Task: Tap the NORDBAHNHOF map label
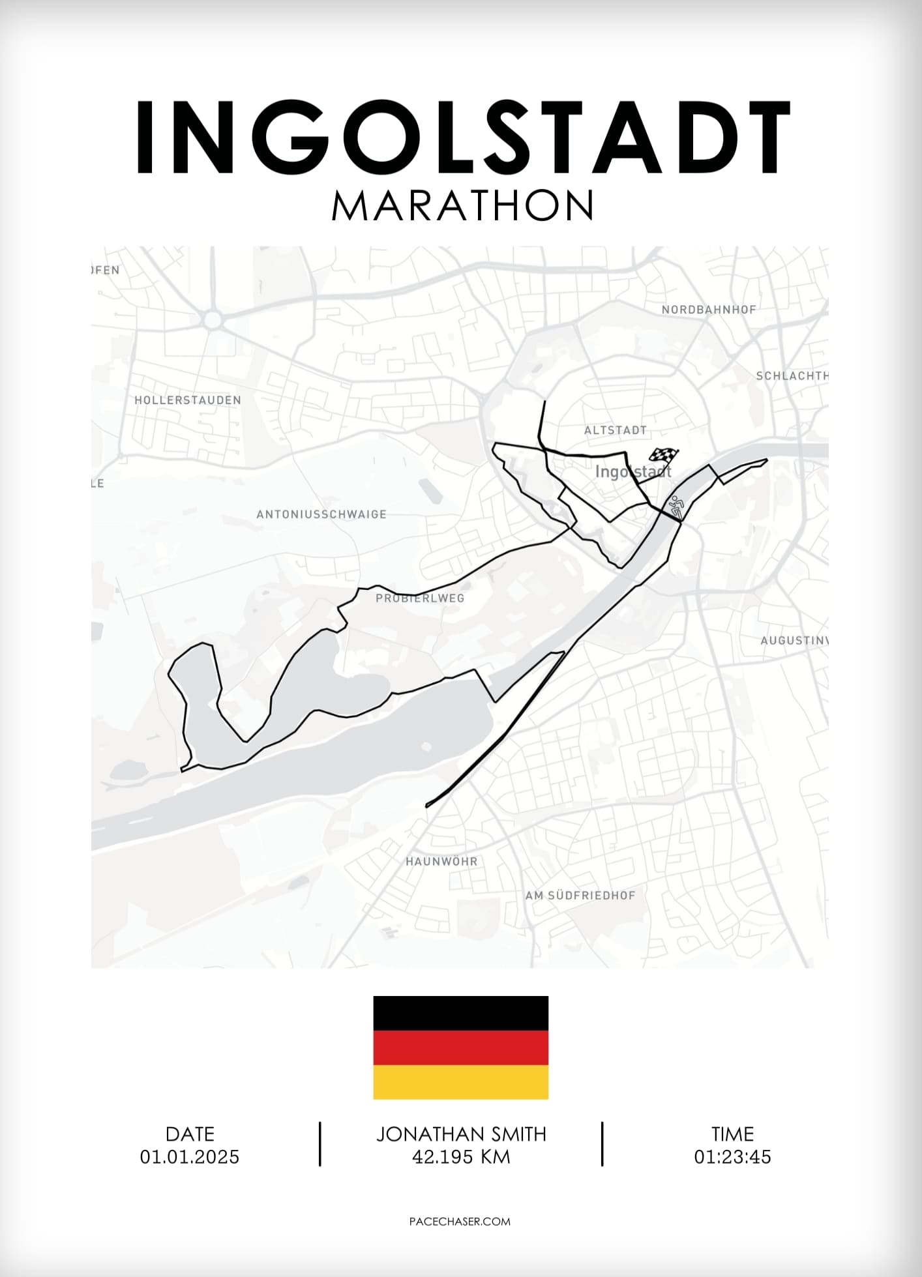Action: pyautogui.click(x=709, y=310)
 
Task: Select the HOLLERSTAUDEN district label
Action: pyautogui.click(x=188, y=400)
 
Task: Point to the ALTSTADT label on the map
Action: pyautogui.click(x=615, y=430)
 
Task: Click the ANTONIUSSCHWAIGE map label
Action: pyautogui.click(x=321, y=514)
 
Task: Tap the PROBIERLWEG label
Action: pyautogui.click(x=420, y=598)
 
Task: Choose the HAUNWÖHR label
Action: pyautogui.click(x=441, y=861)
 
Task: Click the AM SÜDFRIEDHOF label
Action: pyautogui.click(x=580, y=896)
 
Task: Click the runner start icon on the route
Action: pyautogui.click(x=675, y=506)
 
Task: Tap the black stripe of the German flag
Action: pyautogui.click(x=460, y=1013)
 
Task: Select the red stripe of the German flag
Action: pyautogui.click(x=460, y=1048)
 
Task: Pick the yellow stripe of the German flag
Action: pyautogui.click(x=460, y=1082)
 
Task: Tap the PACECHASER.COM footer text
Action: pyautogui.click(x=460, y=1222)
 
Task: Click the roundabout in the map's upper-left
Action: pyautogui.click(x=212, y=320)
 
